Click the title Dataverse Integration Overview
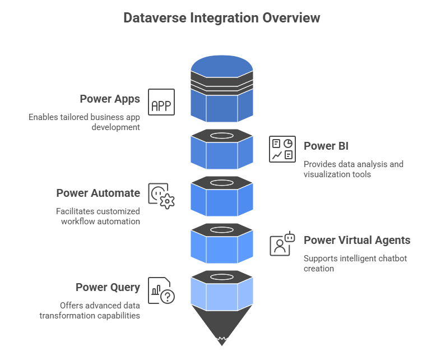pos(221,18)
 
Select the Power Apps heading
pos(110,99)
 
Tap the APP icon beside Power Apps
pos(161,103)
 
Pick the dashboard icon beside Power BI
pos(282,149)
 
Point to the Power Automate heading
pos(98,193)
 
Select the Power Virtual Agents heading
pos(357,240)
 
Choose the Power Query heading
pos(108,287)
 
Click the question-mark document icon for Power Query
pos(161,290)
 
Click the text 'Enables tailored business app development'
pos(84,122)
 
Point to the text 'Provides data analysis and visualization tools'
pos(353,169)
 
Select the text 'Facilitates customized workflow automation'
pos(98,216)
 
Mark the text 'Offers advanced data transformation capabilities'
pos(90,310)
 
